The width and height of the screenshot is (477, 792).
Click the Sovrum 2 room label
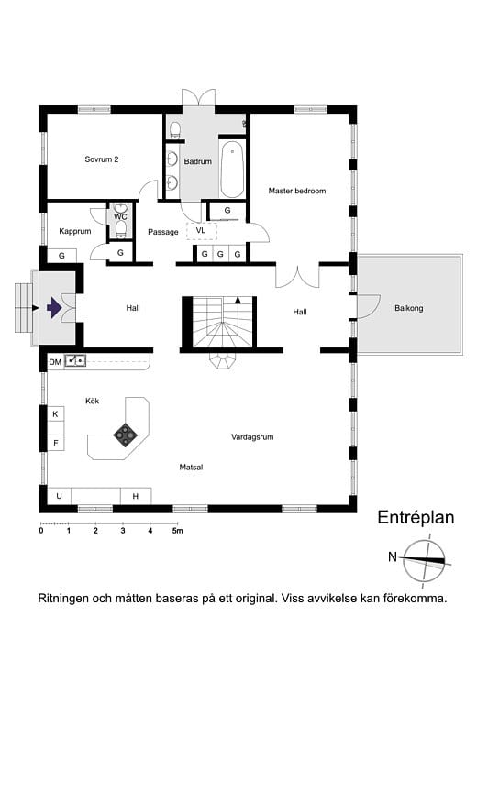102,159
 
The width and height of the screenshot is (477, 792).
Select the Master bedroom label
296,191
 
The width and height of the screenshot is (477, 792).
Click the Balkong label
408,308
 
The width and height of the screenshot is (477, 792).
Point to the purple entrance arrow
54,308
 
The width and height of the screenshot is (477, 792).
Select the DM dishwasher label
55,362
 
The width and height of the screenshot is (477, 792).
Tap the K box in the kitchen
55,414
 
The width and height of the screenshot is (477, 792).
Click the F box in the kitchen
55,444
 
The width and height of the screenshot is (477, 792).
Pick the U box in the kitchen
60,496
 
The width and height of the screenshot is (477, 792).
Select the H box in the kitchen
136,496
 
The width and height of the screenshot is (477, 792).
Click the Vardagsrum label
252,437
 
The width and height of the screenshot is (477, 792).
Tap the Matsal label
191,467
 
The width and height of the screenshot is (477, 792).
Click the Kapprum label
74,232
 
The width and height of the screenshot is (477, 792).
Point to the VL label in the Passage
201,230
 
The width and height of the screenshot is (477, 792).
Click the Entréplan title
416,518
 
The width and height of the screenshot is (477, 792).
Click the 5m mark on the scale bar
178,531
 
